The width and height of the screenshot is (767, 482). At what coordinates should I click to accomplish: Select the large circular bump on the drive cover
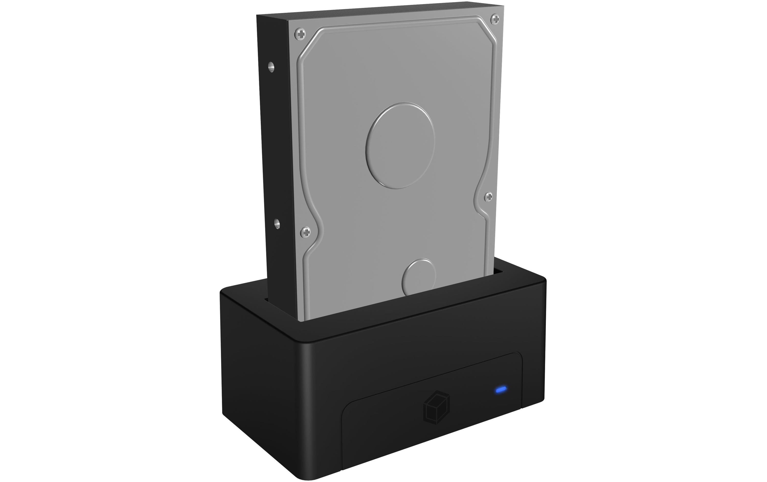coord(400,146)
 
